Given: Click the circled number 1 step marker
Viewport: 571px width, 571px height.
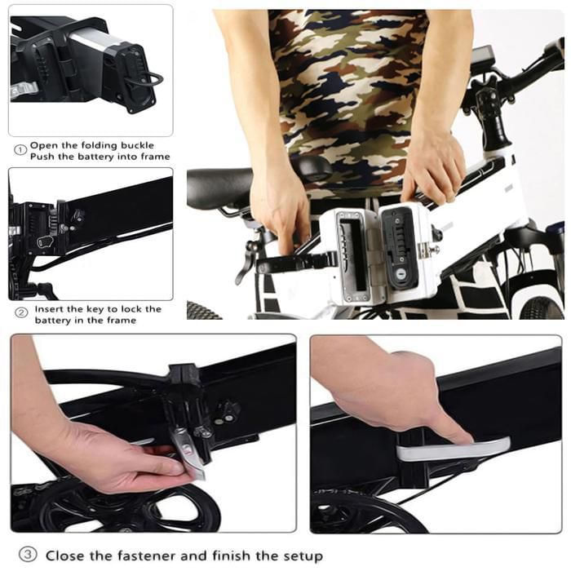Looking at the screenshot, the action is (x=20, y=149).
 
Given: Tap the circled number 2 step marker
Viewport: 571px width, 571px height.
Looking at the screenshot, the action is (x=21, y=312).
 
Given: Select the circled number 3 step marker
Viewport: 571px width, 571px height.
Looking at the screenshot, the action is (x=28, y=555).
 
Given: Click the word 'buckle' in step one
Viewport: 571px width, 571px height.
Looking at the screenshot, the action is (x=137, y=145).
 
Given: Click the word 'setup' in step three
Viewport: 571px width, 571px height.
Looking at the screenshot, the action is (x=303, y=557).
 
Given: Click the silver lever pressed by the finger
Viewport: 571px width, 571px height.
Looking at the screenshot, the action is (x=453, y=449).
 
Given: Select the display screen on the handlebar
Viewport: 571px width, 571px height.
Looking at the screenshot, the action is (x=483, y=57).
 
